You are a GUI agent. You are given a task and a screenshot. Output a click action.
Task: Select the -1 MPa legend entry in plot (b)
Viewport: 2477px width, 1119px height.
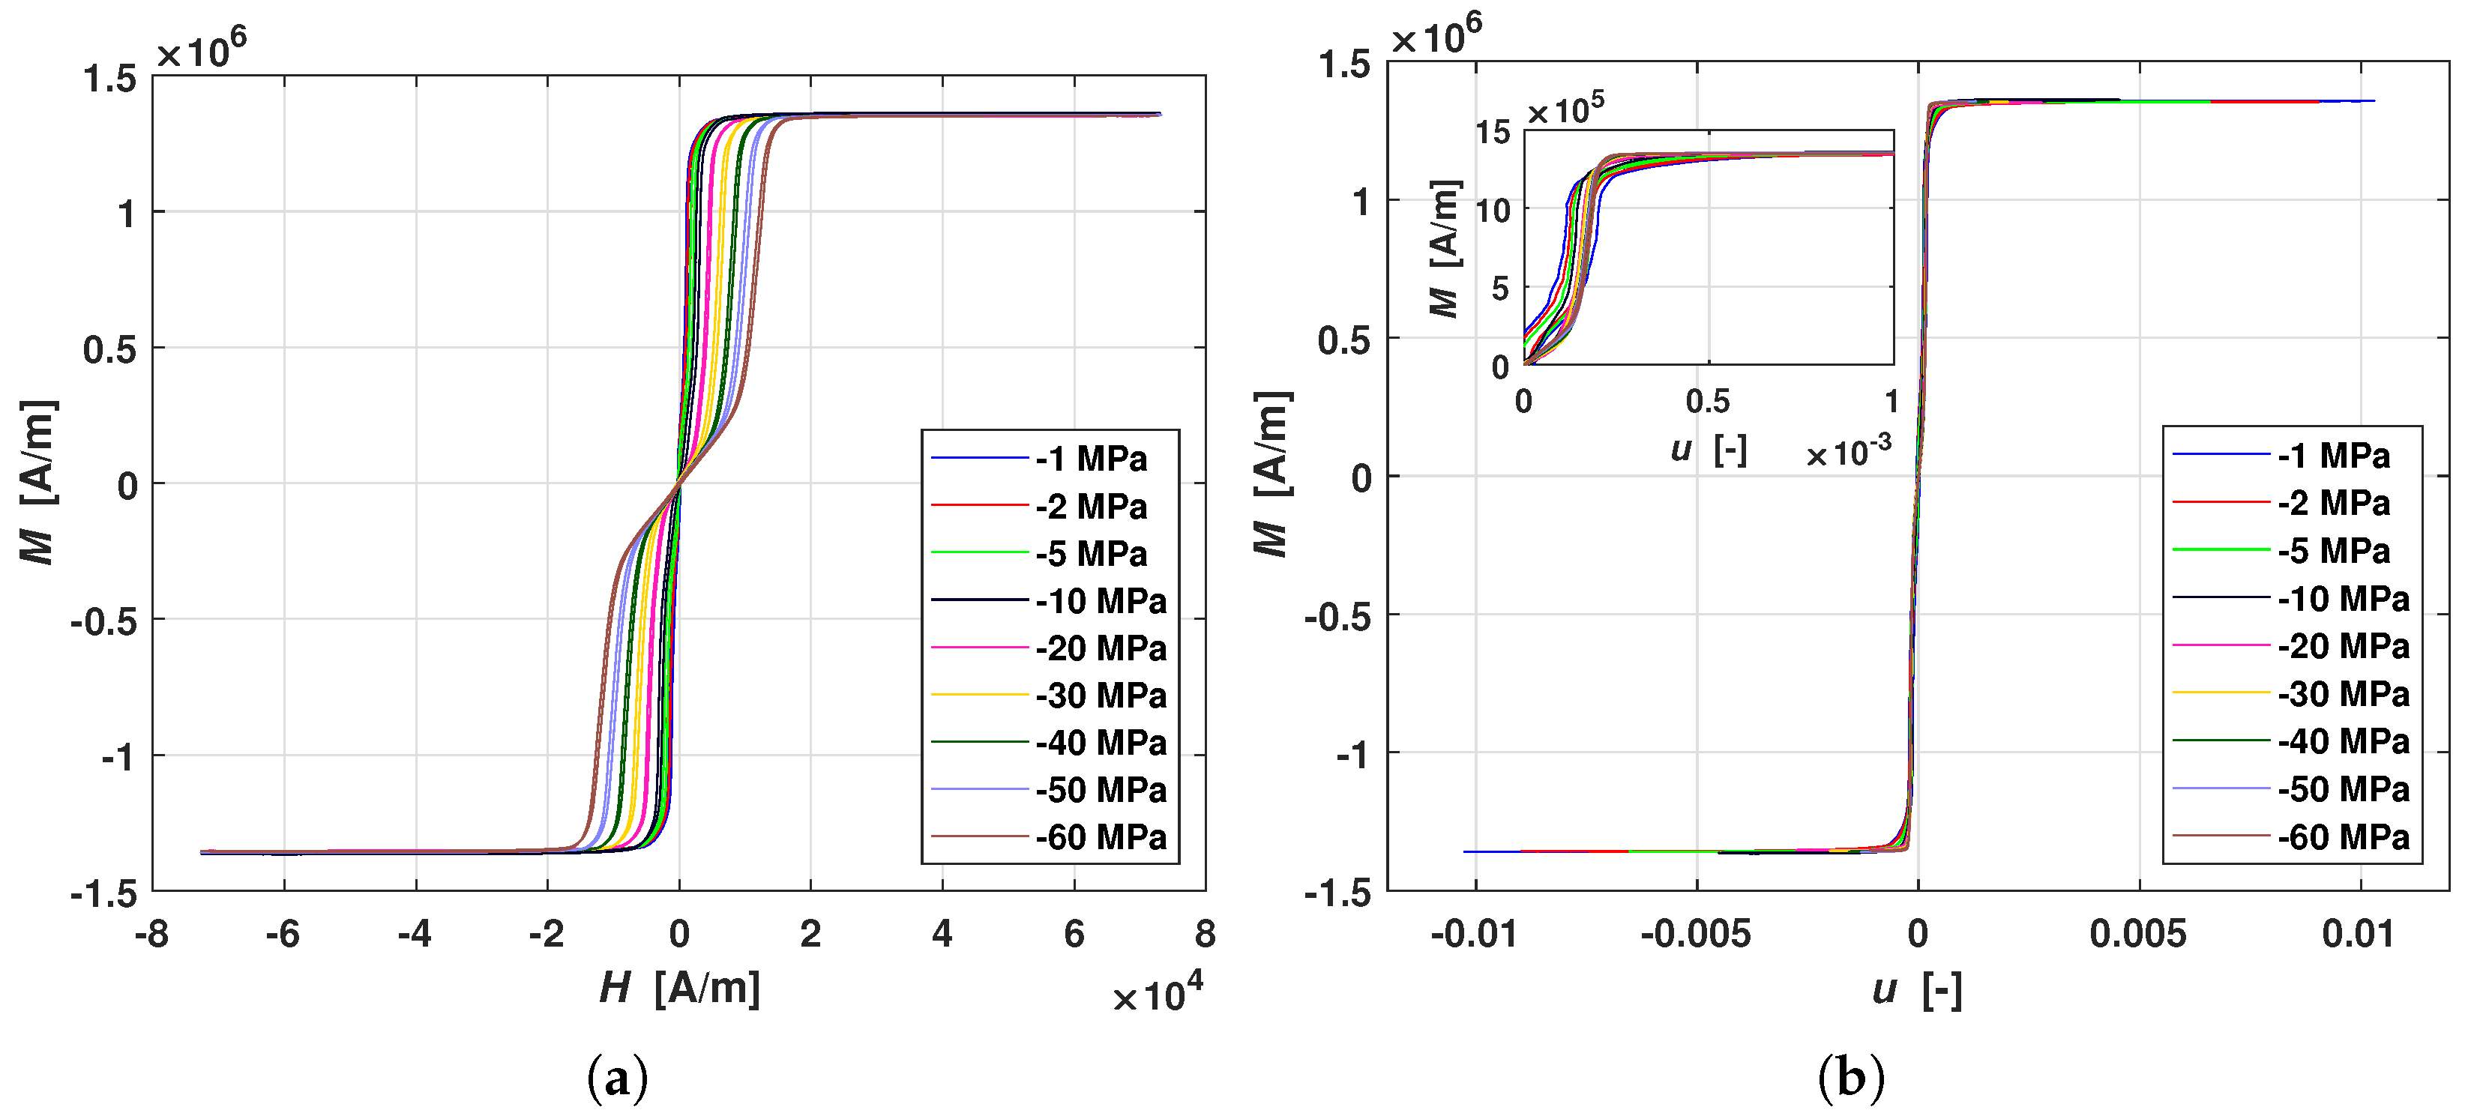click(2333, 456)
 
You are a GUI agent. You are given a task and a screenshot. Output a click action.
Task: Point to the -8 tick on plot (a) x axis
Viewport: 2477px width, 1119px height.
click(152, 933)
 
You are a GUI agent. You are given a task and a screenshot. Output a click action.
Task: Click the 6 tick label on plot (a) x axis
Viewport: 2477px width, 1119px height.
click(1073, 933)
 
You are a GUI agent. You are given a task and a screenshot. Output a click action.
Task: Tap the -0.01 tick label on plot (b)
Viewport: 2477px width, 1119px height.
click(1473, 933)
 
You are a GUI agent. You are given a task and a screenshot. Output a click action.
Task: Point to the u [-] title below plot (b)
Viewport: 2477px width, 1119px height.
click(1916, 989)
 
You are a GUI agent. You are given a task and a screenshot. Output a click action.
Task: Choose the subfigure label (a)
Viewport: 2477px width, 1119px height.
click(617, 1078)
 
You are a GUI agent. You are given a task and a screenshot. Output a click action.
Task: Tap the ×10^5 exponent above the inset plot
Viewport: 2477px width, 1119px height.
click(1565, 109)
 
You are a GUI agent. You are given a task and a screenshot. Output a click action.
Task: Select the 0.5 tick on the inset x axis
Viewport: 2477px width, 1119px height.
click(1708, 401)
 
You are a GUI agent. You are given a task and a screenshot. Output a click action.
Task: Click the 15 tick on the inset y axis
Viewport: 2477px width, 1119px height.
click(1493, 132)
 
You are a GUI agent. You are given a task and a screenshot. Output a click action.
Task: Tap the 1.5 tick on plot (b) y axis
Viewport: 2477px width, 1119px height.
click(1344, 65)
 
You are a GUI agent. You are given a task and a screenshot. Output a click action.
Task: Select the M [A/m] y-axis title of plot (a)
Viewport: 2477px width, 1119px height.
click(38, 483)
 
